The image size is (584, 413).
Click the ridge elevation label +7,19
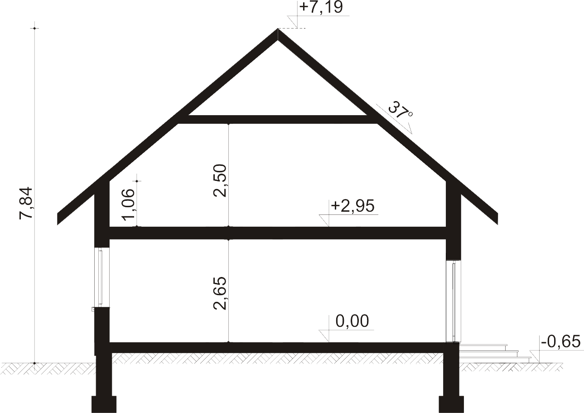321,7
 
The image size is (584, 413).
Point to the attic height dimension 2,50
220,180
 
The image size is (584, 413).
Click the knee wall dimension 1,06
129,205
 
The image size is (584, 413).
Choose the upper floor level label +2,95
352,205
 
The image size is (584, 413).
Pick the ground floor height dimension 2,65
220,293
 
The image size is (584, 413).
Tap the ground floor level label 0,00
352,321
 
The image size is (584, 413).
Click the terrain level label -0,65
561,341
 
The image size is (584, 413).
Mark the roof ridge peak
278,29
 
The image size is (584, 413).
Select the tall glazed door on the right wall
454,301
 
